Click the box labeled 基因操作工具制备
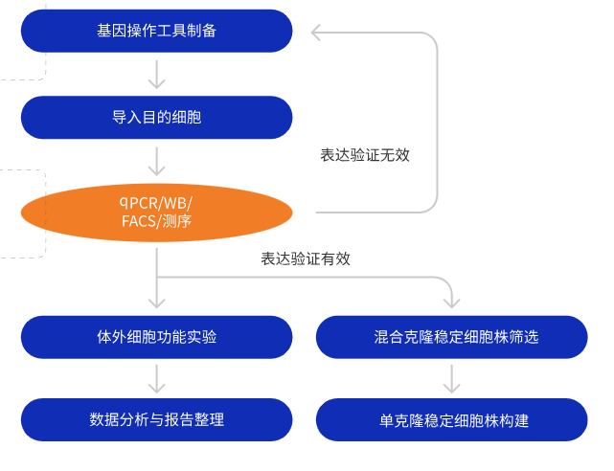coord(156,31)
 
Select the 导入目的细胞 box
coord(156,117)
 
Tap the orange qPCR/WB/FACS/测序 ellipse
coord(156,213)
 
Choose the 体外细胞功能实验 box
coord(156,337)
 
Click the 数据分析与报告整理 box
coord(156,419)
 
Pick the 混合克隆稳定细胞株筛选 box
coord(451,337)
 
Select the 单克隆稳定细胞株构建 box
coord(451,419)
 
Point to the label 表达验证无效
coord(365,154)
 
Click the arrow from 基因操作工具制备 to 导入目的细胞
coord(156,74)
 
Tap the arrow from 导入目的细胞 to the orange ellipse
coord(156,160)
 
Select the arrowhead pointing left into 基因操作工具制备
coord(319,33)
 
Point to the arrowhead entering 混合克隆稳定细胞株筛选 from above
coord(451,305)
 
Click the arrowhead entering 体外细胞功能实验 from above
coord(156,305)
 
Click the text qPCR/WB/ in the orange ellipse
coord(156,202)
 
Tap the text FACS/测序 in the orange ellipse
coord(156,222)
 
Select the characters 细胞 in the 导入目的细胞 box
coord(186,117)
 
